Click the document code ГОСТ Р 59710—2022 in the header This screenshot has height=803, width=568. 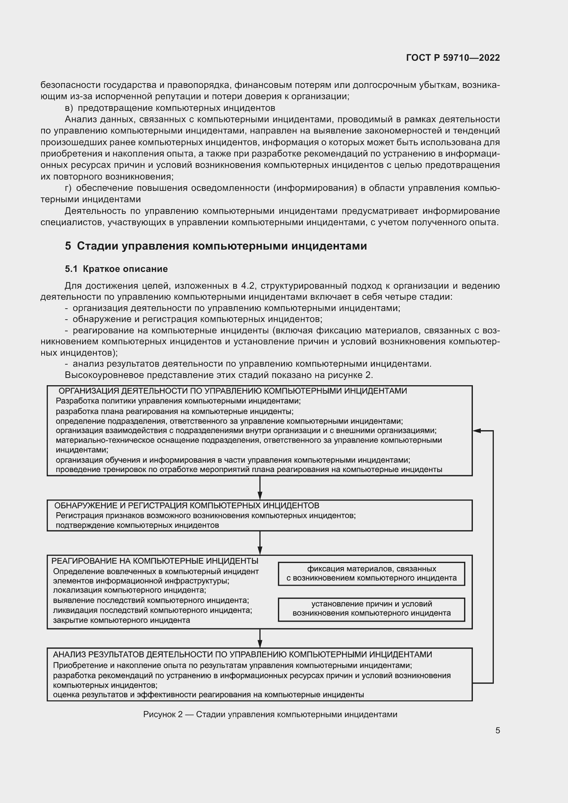pyautogui.click(x=453, y=58)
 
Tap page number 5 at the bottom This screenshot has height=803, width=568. pyautogui.click(x=497, y=730)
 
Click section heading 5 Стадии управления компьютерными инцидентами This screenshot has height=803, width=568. pyautogui.click(x=216, y=246)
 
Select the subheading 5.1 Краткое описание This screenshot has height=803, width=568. pyautogui.click(x=116, y=269)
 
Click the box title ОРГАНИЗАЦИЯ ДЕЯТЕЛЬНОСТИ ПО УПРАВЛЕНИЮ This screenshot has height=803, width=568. pyautogui.click(x=232, y=391)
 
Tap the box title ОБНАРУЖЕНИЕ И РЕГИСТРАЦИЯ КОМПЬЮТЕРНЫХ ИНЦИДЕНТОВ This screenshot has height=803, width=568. pyautogui.click(x=186, y=505)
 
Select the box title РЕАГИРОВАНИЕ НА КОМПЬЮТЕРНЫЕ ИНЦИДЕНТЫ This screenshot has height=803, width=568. pyautogui.click(x=155, y=561)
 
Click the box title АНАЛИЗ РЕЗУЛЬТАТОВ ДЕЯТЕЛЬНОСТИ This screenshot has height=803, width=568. pyautogui.click(x=242, y=655)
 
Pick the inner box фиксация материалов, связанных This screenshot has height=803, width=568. pyautogui.click(x=371, y=574)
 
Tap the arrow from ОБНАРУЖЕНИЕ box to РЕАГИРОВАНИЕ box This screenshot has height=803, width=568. pyautogui.click(x=260, y=543)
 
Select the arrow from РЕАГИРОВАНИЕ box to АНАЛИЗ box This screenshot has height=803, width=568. pyautogui.click(x=260, y=638)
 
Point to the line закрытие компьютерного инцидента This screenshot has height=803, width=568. pyautogui.click(x=121, y=620)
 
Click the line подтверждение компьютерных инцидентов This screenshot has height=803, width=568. pyautogui.click(x=137, y=525)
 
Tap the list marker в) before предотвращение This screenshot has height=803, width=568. pyautogui.click(x=69, y=108)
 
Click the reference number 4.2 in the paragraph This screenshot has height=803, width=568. pyautogui.click(x=248, y=286)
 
